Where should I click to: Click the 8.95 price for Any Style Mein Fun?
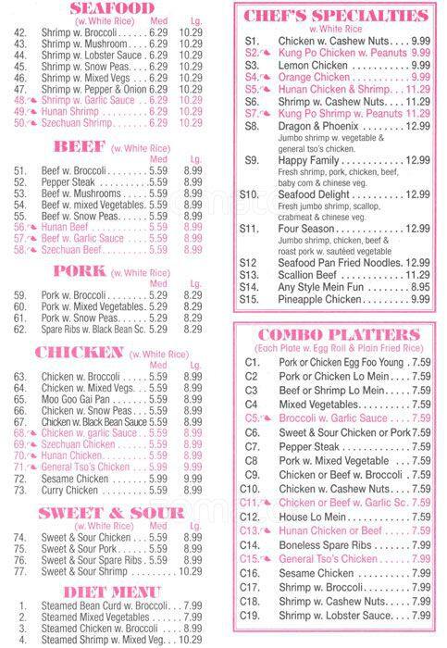(418, 287)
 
